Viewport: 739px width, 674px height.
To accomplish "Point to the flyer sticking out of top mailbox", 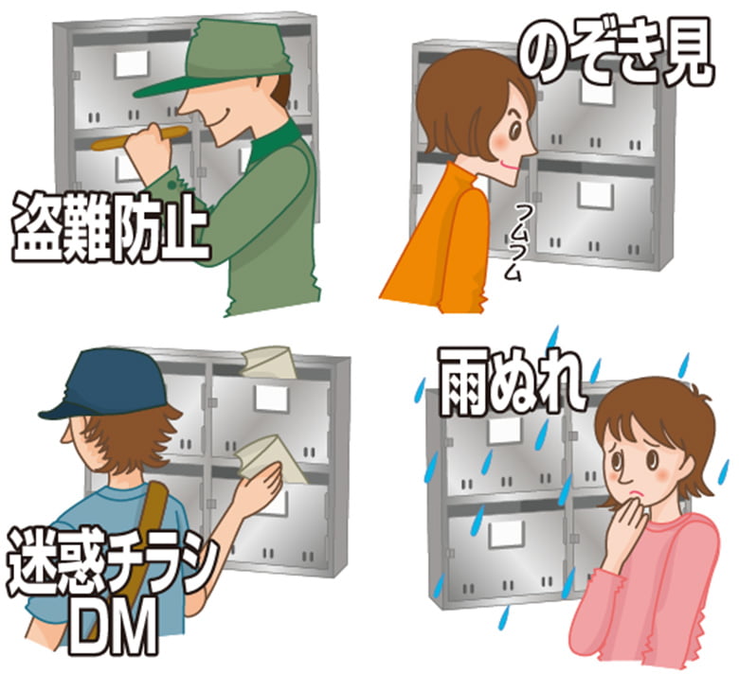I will [x=269, y=364].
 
